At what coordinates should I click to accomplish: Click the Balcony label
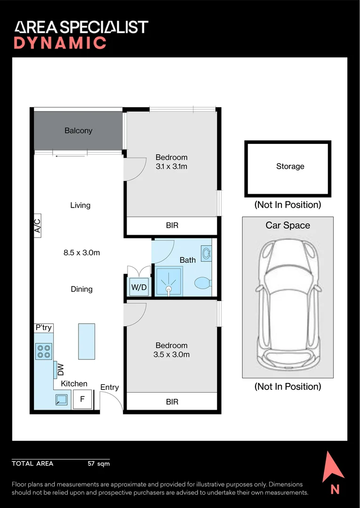coord(79,131)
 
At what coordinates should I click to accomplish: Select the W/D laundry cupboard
coord(139,287)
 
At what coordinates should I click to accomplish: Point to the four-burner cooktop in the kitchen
coord(43,351)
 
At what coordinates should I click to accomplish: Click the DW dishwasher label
coord(61,370)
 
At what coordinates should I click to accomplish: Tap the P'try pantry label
coord(43,327)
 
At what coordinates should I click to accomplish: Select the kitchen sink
coord(62,399)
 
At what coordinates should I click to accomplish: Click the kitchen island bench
coord(87,341)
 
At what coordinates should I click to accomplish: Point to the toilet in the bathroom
coord(203,283)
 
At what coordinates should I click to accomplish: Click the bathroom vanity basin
coord(207,253)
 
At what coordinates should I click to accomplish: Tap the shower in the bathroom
coord(168,281)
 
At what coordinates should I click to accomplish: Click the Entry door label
coord(110,387)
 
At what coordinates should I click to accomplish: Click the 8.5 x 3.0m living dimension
coord(82,253)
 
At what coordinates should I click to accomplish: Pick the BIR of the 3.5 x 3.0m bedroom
coord(172,402)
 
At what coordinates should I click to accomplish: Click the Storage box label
coord(290,167)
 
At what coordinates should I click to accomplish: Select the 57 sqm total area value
coord(99,464)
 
